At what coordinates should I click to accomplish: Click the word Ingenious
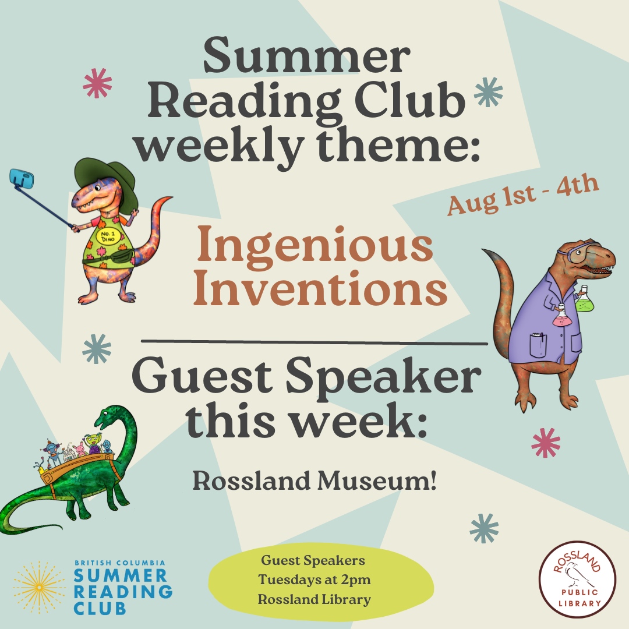click(x=315, y=245)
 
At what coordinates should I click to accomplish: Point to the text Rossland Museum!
click(x=314, y=482)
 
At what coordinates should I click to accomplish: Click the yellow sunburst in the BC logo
click(x=40, y=587)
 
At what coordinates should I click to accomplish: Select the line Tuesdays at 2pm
click(x=315, y=580)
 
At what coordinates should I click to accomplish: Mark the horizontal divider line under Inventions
click(x=314, y=342)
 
